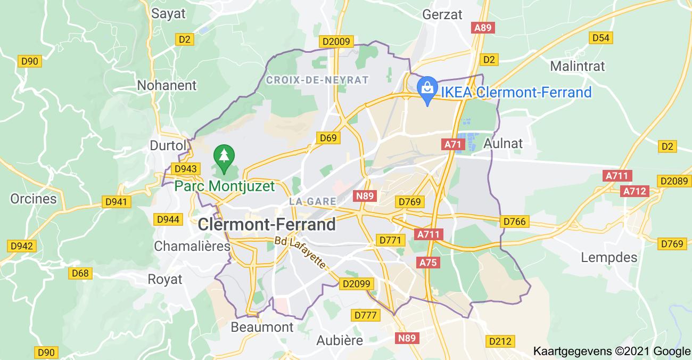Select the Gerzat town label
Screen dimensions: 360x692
pos(442,14)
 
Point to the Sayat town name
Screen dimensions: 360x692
pos(168,13)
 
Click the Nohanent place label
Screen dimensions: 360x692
pos(167,85)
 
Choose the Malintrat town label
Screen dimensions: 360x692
pos(578,67)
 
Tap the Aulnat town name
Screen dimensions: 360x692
pos(503,143)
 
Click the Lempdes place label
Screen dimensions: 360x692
pos(609,258)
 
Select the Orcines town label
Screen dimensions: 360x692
pos(33,199)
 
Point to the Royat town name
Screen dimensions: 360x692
pos(165,279)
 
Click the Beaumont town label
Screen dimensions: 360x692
pos(262,327)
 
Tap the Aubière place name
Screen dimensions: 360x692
pos(340,340)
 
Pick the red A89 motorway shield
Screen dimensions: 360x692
pos(482,28)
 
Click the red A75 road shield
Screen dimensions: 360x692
pos(427,263)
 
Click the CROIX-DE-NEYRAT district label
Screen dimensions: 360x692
pos(317,80)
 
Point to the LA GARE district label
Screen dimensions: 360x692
pos(312,201)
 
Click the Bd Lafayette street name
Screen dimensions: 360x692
pos(300,253)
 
